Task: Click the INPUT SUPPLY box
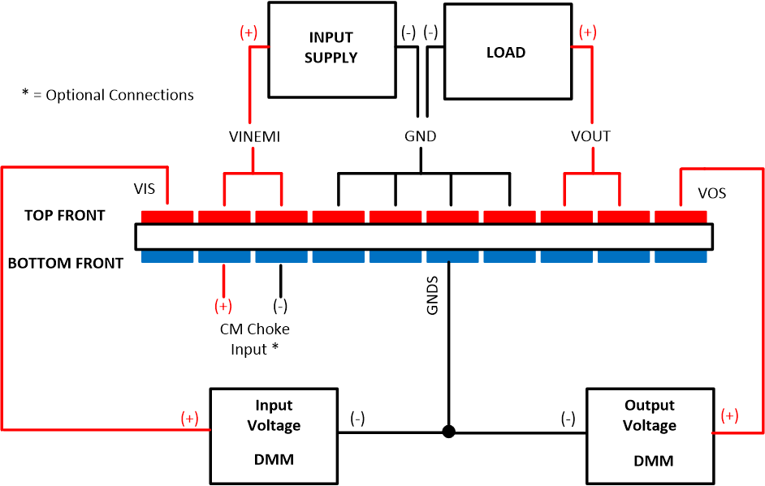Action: pos(331,49)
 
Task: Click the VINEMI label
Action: pos(254,137)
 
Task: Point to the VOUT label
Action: pos(590,136)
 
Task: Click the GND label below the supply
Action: pos(420,136)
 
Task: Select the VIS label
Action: pos(145,189)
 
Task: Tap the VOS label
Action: pos(712,193)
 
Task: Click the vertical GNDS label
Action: pos(432,299)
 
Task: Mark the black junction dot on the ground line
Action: pos(448,432)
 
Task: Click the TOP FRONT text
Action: pos(64,215)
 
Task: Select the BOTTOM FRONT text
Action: pos(66,263)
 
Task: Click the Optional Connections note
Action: pos(108,95)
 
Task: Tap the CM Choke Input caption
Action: pos(254,339)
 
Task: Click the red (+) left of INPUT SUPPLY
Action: pos(249,33)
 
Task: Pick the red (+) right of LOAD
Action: pos(587,32)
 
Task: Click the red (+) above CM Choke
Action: pos(223,306)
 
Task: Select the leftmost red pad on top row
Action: pos(167,217)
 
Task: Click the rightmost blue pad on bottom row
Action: pos(681,256)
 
